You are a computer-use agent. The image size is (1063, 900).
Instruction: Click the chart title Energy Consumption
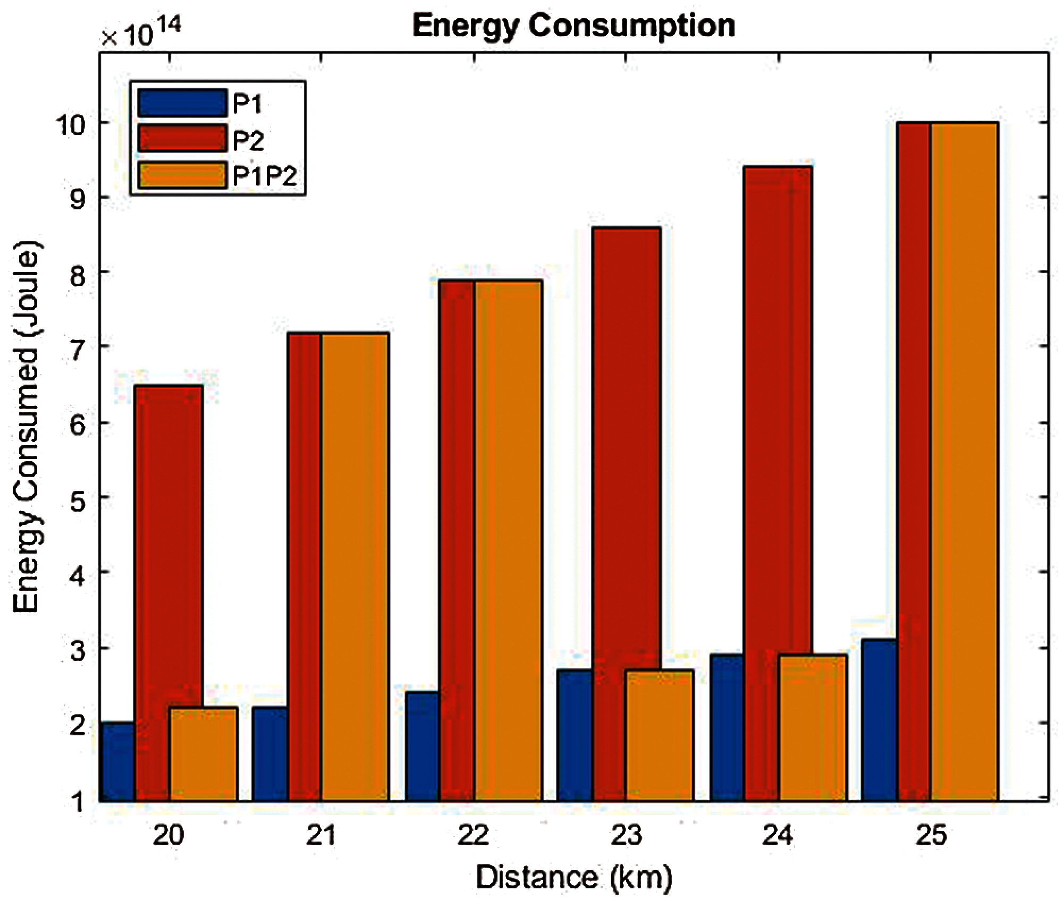pos(573,25)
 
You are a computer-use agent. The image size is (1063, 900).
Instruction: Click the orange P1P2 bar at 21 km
pos(355,566)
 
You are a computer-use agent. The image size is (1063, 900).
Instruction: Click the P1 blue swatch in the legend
pos(182,103)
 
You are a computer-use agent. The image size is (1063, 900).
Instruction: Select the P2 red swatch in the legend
pos(182,138)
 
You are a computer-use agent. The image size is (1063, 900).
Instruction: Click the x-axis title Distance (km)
pos(574,877)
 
